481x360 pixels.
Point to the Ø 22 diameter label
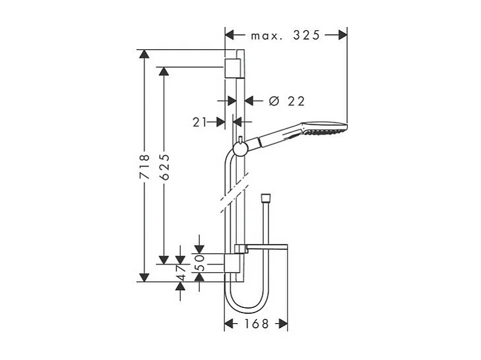[287, 101]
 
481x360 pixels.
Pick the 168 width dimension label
[256, 324]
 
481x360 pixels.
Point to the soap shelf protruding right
[264, 247]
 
